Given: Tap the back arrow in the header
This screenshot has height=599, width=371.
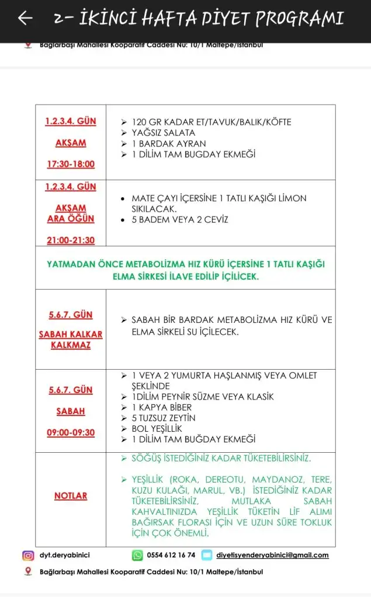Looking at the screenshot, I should pyautogui.click(x=25, y=19).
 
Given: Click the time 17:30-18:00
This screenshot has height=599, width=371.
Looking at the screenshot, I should pyautogui.click(x=71, y=164).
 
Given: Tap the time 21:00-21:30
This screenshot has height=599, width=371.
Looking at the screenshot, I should pyautogui.click(x=71, y=240).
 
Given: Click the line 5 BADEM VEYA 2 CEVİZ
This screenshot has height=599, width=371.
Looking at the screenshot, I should pyautogui.click(x=179, y=220).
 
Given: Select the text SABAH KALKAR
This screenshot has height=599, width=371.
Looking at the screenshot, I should pyautogui.click(x=71, y=335).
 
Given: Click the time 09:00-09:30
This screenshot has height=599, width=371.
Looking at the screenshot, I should pyautogui.click(x=71, y=433).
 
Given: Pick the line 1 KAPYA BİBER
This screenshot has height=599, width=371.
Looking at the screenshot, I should pyautogui.click(x=161, y=407).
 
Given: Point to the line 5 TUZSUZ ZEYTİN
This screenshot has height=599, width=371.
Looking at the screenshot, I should pyautogui.click(x=164, y=418).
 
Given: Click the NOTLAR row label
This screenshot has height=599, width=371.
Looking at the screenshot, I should pyautogui.click(x=71, y=495).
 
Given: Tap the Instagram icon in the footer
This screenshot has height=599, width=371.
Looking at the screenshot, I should pyautogui.click(x=28, y=555).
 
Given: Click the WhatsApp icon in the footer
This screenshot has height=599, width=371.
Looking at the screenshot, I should pyautogui.click(x=137, y=555).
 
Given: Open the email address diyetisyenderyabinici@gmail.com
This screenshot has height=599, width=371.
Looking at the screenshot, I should pyautogui.click(x=272, y=555).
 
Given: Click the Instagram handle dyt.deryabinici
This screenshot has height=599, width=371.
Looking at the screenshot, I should pyautogui.click(x=64, y=555).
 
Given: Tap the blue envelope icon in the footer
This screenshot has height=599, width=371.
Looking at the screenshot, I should pyautogui.click(x=207, y=555).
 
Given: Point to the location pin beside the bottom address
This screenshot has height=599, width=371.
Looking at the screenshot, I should pyautogui.click(x=28, y=571).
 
